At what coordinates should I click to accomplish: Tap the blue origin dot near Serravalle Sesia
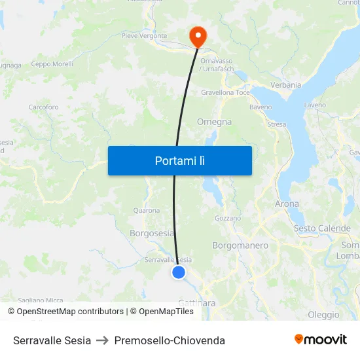(179, 272)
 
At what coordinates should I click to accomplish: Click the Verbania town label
(286, 85)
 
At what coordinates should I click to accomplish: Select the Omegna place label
(214, 122)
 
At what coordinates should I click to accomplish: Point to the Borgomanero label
(240, 245)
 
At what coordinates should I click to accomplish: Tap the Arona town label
(287, 204)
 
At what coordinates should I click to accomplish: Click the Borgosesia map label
(152, 233)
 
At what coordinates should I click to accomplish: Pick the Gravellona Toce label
(225, 93)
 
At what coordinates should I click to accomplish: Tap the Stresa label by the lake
(277, 124)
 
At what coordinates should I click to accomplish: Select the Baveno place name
(261, 107)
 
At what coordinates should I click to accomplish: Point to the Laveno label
(315, 105)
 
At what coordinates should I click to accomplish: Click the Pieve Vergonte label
(144, 36)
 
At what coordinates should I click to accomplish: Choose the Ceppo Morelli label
(52, 64)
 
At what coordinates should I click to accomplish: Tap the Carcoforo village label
(43, 107)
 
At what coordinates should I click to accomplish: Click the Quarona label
(146, 211)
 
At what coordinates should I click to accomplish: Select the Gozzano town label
(228, 218)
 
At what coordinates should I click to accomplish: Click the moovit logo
(321, 340)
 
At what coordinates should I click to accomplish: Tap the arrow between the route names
(103, 340)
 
